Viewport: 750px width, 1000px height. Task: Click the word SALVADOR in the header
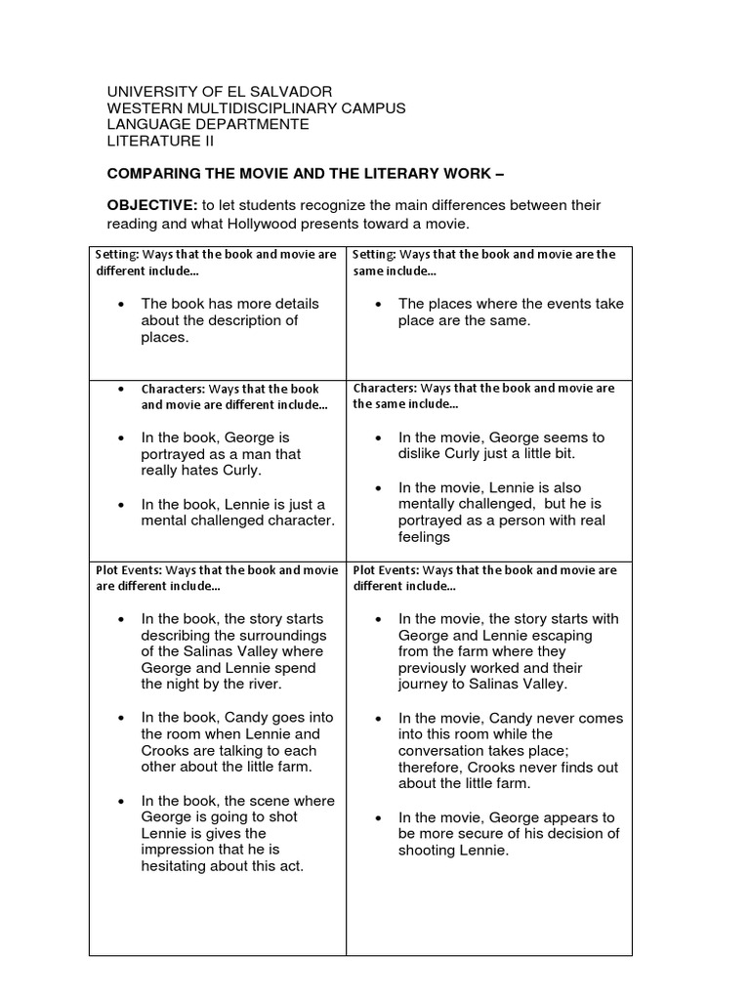298,92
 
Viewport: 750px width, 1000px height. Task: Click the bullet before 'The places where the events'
378,305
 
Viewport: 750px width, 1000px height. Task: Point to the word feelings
425,537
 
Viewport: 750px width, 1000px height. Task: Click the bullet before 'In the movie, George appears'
378,817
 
